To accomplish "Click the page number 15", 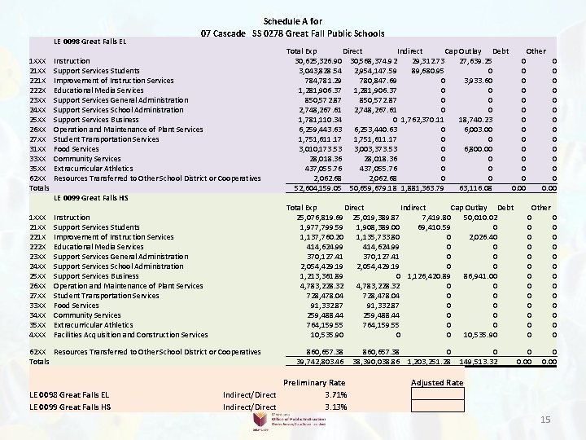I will point(547,419).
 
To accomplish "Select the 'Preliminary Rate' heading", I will point(313,383).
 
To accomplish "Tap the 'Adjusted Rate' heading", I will point(437,383).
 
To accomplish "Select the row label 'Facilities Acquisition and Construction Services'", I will point(131,335).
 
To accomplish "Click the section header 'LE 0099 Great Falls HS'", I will point(88,198).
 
